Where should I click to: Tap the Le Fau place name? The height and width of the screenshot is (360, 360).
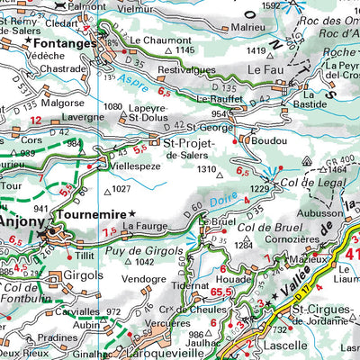pos(266,67)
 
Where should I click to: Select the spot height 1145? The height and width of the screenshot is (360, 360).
pos(185,50)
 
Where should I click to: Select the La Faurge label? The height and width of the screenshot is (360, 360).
pos(144,228)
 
